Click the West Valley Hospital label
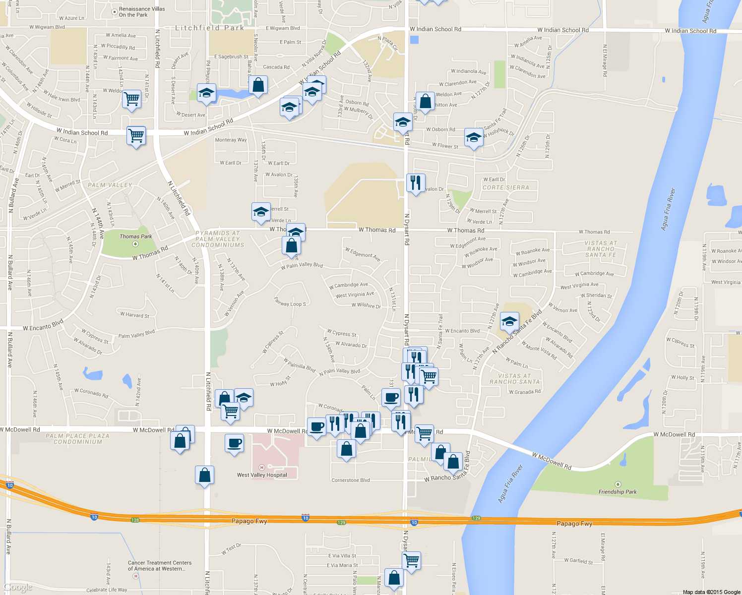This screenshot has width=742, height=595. click(x=262, y=475)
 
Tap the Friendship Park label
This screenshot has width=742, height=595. click(x=618, y=492)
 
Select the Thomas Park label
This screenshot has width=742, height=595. click(x=135, y=237)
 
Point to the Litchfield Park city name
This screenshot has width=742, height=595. click(x=210, y=28)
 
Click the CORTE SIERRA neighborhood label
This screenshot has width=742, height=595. click(x=506, y=187)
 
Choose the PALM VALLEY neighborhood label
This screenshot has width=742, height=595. click(x=110, y=185)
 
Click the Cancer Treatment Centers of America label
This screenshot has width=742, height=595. click(x=160, y=566)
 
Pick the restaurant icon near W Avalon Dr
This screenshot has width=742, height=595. click(x=416, y=183)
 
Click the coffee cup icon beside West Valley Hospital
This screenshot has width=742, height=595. click(x=234, y=443)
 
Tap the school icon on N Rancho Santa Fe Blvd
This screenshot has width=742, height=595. click(x=509, y=321)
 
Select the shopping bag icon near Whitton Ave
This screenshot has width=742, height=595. click(x=425, y=101)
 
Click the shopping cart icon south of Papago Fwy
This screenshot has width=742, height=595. click(x=411, y=561)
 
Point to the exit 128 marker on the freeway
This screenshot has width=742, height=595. click(x=135, y=520)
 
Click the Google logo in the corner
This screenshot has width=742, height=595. click(x=17, y=588)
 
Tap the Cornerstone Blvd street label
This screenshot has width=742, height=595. click(x=351, y=480)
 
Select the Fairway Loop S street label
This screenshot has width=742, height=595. click(x=290, y=301)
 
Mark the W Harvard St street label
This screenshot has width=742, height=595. click(x=134, y=314)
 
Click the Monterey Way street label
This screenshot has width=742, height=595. click(x=231, y=140)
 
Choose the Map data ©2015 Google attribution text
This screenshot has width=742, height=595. click(x=711, y=592)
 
